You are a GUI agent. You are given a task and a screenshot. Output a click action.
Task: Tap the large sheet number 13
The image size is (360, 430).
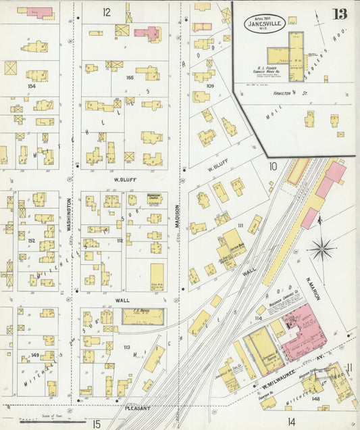[x=340, y=14]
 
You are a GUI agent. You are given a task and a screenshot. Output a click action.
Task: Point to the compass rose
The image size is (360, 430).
[x=322, y=249]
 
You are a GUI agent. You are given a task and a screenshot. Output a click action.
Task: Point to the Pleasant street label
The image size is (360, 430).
[x=138, y=408]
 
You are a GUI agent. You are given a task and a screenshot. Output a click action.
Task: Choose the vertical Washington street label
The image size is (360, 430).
[x=69, y=214]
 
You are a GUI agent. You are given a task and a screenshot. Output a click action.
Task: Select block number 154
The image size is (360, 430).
[x=30, y=86]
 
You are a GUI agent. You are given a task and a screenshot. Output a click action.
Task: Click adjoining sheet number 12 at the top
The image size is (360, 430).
[x=107, y=12]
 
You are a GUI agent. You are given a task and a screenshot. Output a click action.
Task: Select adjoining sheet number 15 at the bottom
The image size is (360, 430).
[x=97, y=423]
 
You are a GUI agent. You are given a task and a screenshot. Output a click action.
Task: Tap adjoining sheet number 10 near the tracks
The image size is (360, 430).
[x=273, y=166]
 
